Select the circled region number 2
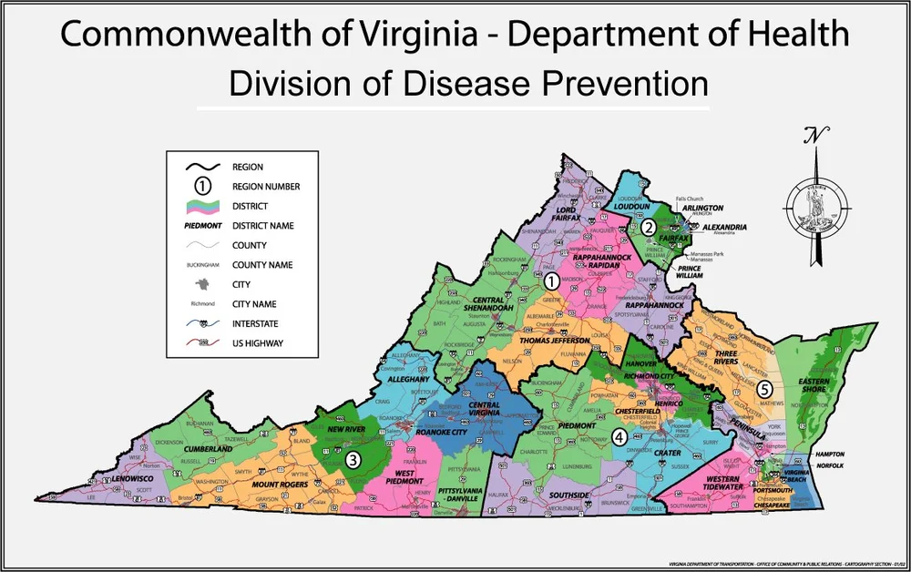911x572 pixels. click(648, 227)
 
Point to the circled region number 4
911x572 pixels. click(619, 436)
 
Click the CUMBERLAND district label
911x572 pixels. click(207, 449)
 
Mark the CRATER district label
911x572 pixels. click(667, 453)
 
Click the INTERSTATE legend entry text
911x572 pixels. click(258, 323)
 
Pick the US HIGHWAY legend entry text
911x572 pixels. click(258, 343)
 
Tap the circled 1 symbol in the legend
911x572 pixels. click(203, 186)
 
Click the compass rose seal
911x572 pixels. click(814, 201)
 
